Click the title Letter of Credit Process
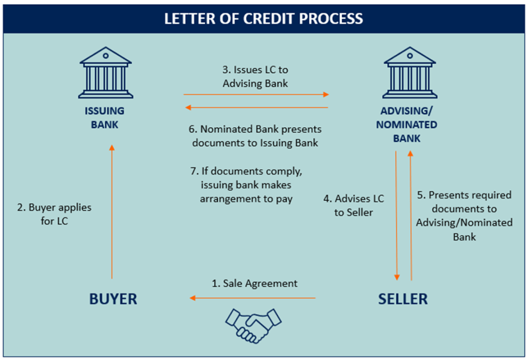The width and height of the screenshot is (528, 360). coord(264,19)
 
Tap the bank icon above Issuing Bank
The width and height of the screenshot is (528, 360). coord(106,73)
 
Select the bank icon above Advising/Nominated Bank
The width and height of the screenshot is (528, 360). coord(410,73)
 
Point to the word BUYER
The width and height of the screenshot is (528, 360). coord(113,299)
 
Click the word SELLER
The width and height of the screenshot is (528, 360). coord(403,299)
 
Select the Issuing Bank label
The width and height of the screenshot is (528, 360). coord(105,118)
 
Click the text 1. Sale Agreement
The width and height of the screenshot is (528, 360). coord(254,283)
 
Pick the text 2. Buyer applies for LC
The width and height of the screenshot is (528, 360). coord(54,214)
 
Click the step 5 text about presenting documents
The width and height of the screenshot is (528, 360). coord(464,216)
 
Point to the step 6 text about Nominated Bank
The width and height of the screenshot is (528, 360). coord(255,136)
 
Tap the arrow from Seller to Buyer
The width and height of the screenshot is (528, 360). coord(252,298)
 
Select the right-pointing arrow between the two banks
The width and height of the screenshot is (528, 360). coord(257,95)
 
